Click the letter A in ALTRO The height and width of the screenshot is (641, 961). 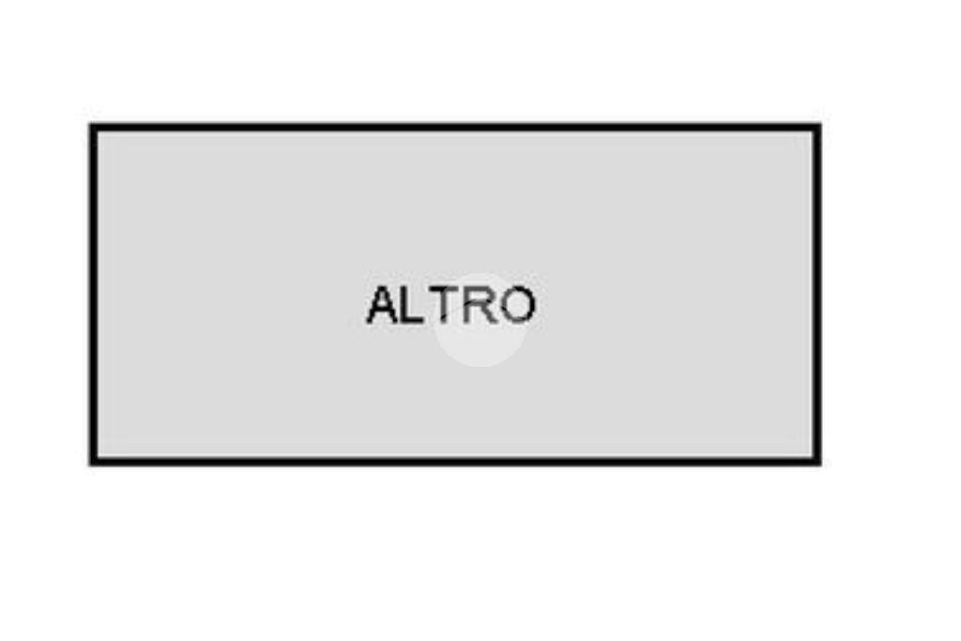383,305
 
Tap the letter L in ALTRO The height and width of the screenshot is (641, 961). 414,305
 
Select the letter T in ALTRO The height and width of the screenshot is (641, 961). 443,305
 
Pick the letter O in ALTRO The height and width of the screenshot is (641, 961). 518,305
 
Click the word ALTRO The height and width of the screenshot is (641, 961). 451,305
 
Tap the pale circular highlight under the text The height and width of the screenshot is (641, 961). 480,320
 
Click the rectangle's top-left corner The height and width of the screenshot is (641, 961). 93,128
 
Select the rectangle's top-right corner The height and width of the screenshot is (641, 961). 817,128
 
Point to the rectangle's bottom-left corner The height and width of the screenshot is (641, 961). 93,462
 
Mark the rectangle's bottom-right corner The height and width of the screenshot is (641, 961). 817,462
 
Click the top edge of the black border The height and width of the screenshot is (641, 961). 455,128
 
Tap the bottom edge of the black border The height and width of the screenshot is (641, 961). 455,462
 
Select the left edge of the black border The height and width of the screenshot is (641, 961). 93,295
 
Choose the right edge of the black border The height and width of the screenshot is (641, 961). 817,295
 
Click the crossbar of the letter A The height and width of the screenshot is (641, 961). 383,312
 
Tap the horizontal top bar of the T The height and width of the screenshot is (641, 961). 443,289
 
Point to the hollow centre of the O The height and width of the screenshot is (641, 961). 518,305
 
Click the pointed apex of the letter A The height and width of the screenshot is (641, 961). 383,287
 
